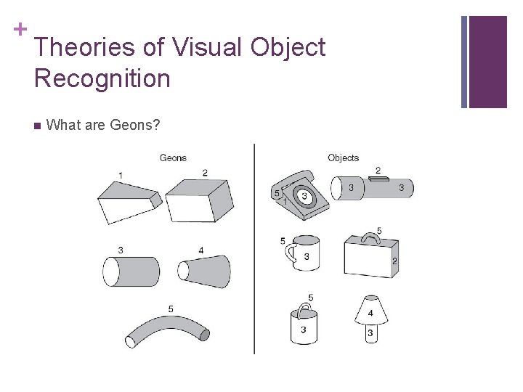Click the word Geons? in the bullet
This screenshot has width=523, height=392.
click(x=134, y=125)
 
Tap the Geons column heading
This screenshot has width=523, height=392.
click(x=173, y=158)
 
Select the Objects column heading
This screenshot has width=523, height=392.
click(x=343, y=158)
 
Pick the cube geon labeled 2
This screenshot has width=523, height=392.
click(x=199, y=198)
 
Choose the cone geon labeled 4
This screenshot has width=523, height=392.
click(x=205, y=271)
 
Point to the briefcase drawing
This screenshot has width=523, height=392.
click(x=370, y=258)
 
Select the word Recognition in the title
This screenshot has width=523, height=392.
click(x=102, y=78)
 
